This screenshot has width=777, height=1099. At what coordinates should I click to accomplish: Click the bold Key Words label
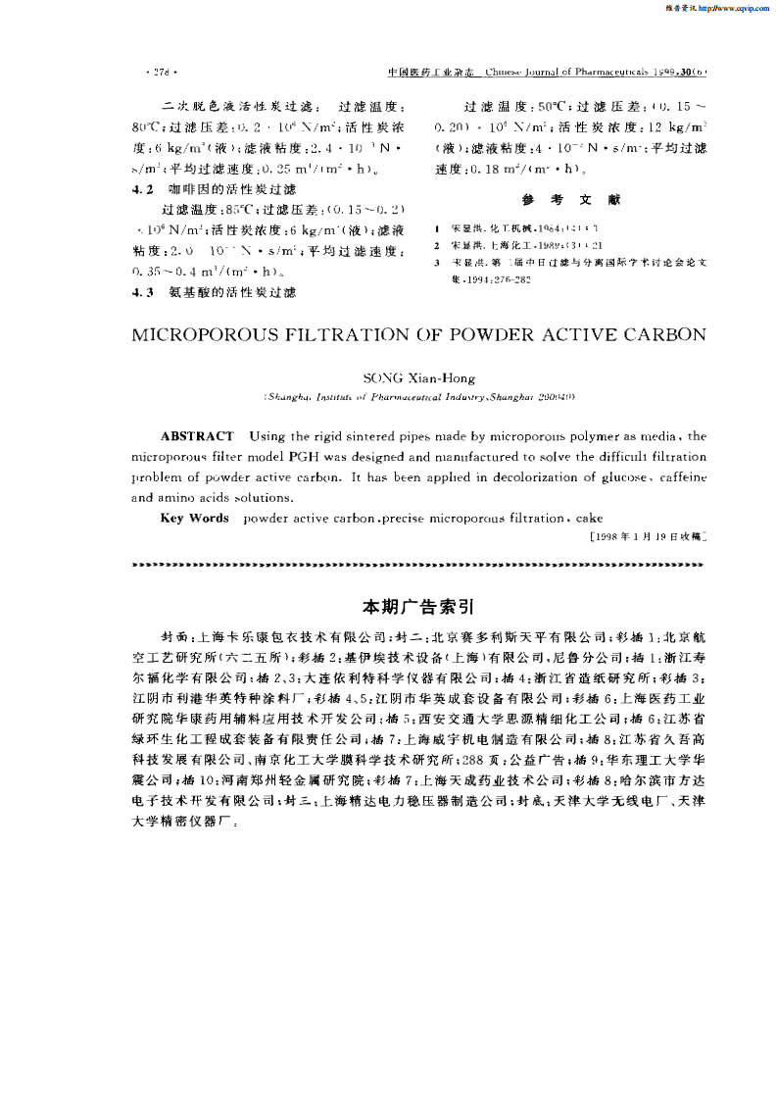pos(194,518)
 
